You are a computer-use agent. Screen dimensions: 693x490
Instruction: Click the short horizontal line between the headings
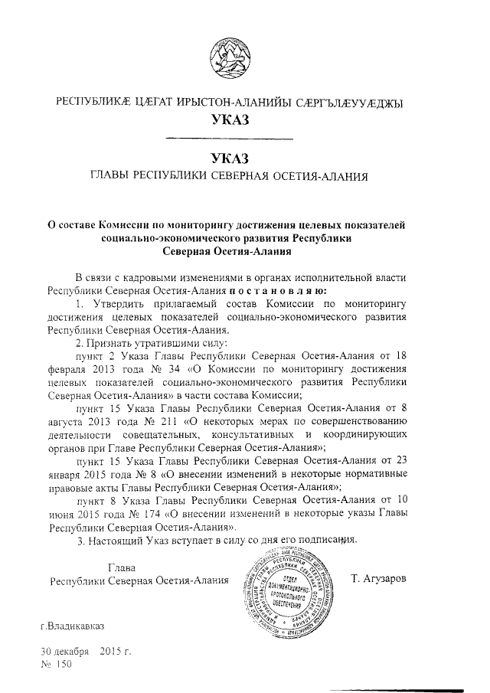[x=229, y=139]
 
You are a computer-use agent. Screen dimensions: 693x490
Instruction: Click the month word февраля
[x=68, y=369]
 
